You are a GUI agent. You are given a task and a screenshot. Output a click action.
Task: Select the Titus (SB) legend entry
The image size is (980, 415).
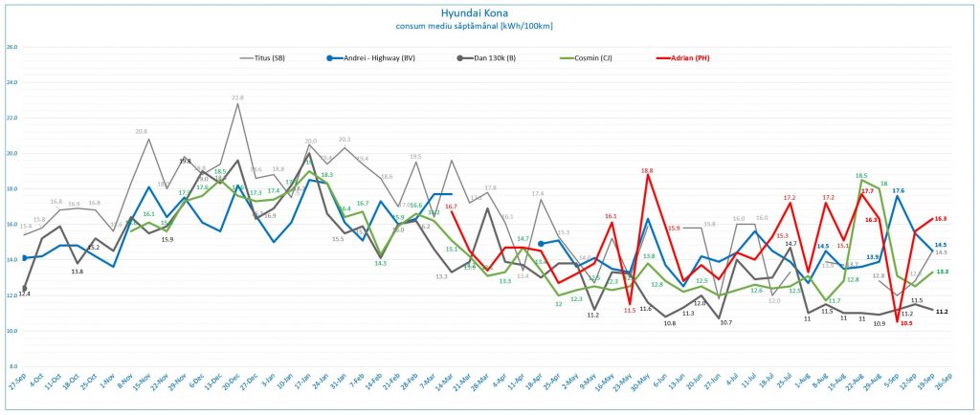(x=271, y=57)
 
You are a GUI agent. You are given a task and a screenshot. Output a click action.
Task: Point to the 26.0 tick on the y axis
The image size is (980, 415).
(x=11, y=47)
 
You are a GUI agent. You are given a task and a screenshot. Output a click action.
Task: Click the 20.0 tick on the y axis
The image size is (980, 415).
(x=11, y=153)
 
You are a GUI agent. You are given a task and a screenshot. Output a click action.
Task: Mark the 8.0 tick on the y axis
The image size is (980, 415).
(x=11, y=366)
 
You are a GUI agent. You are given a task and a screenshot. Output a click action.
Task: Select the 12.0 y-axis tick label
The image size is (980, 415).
(x=11, y=295)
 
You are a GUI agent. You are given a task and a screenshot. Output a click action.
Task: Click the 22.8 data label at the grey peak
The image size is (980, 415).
(x=237, y=98)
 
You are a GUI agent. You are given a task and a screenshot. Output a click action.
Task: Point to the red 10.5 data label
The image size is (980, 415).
(x=905, y=323)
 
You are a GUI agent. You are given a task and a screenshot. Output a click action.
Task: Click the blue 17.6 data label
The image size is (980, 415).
(x=898, y=191)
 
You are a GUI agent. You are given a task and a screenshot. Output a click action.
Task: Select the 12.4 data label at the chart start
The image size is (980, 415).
(x=24, y=294)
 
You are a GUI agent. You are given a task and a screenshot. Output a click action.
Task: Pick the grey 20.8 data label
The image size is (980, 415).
(x=141, y=131)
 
